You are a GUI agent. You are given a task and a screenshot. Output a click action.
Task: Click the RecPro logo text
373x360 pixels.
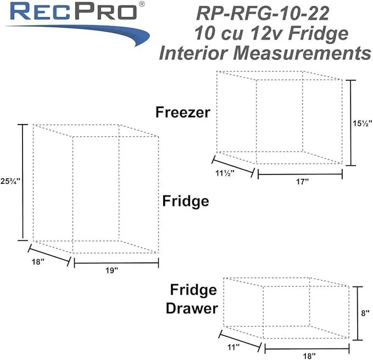(x=74, y=11)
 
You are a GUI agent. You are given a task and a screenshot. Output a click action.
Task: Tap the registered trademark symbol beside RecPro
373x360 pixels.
(x=141, y=4)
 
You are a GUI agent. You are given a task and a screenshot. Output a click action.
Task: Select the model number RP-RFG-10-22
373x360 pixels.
(x=263, y=14)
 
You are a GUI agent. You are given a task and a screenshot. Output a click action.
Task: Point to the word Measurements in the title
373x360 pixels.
(x=302, y=53)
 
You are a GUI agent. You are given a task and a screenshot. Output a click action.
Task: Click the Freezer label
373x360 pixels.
(x=183, y=112)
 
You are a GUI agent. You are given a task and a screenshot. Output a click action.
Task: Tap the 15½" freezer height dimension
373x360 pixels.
(x=362, y=123)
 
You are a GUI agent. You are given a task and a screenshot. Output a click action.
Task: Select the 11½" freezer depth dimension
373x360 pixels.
(x=225, y=173)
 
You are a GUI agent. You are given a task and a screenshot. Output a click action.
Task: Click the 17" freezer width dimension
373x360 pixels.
(x=302, y=182)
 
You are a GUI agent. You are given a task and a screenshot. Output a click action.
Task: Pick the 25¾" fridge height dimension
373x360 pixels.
(x=10, y=181)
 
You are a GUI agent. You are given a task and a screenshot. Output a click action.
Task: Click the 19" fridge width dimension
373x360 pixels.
(x=112, y=270)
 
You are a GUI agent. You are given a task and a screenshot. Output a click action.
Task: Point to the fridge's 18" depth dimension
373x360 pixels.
(x=38, y=262)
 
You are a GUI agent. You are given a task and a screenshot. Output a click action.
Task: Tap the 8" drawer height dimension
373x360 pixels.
(x=365, y=313)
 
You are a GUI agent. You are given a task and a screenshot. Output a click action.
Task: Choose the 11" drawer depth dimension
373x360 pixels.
(x=233, y=347)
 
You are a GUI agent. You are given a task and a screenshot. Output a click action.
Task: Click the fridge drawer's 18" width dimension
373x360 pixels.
(x=309, y=356)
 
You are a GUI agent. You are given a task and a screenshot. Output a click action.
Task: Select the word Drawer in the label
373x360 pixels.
(x=192, y=308)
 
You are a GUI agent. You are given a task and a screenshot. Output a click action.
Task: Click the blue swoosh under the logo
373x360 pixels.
(x=79, y=33)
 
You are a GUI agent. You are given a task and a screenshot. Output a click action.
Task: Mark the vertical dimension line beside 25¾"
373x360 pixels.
(x=23, y=183)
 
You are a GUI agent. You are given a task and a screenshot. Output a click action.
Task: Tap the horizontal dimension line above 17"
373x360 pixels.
(x=300, y=174)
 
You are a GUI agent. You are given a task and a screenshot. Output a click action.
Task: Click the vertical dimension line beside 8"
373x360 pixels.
(x=358, y=313)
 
